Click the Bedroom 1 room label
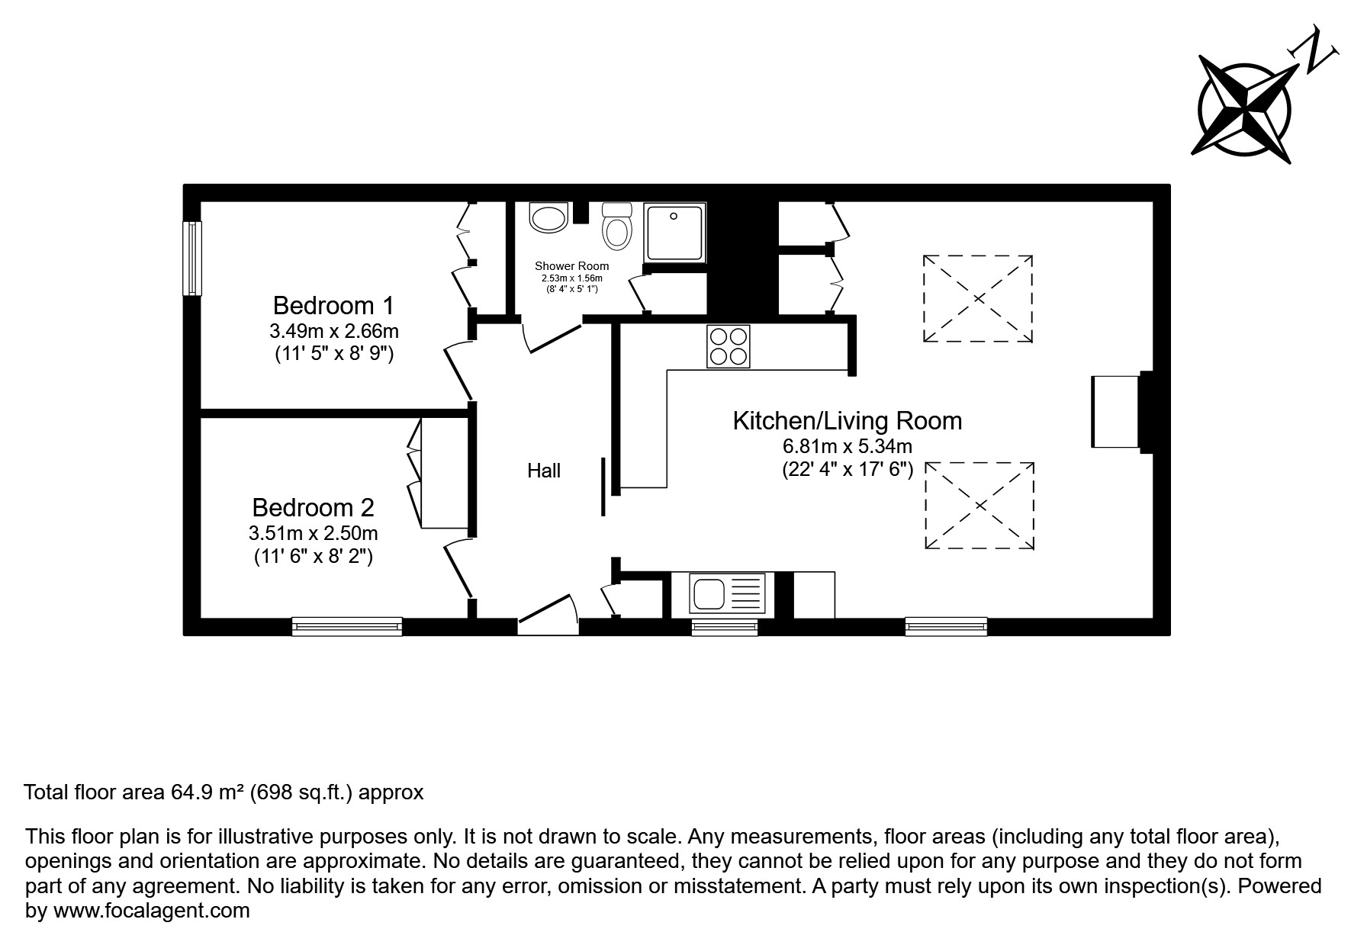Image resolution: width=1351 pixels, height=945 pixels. pyautogui.click(x=333, y=306)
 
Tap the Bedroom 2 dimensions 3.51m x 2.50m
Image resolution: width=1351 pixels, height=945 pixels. pyautogui.click(x=313, y=532)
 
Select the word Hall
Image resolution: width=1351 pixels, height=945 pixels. pyautogui.click(x=544, y=471)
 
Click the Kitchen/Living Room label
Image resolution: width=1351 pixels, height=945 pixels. pyautogui.click(x=847, y=420)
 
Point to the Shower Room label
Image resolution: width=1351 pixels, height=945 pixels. pyautogui.click(x=571, y=265)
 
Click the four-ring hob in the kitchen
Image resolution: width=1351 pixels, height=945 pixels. pyautogui.click(x=728, y=346)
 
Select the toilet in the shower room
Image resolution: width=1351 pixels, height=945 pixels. pyautogui.click(x=616, y=227)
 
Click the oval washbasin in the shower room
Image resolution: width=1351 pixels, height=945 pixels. pyautogui.click(x=548, y=218)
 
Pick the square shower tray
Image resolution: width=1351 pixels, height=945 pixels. pyautogui.click(x=674, y=230)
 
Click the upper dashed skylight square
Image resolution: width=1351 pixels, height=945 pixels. pyautogui.click(x=978, y=298)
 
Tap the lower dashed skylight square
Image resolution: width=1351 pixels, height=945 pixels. pyautogui.click(x=980, y=505)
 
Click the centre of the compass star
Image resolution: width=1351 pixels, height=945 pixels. pyautogui.click(x=1245, y=107)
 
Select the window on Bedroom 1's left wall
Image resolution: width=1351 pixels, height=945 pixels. pyautogui.click(x=191, y=258)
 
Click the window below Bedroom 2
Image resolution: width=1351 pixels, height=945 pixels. pyautogui.click(x=347, y=626)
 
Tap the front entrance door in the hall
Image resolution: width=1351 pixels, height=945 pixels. pyautogui.click(x=548, y=614)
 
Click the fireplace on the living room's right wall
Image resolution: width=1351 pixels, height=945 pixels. pyautogui.click(x=1117, y=412)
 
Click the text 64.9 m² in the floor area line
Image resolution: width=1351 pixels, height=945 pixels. pyautogui.click(x=204, y=792)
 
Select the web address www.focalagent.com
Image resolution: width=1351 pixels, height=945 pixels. pyautogui.click(x=150, y=911)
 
